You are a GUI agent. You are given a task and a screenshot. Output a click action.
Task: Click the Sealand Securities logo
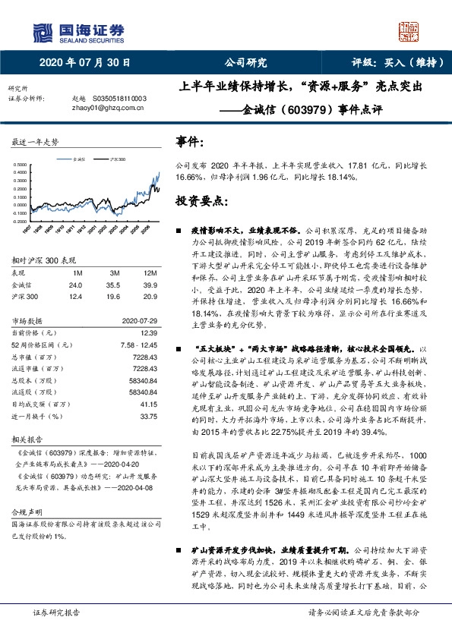76,30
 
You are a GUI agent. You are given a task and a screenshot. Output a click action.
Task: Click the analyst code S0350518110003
119,99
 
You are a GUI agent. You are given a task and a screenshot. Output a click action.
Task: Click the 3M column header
114,272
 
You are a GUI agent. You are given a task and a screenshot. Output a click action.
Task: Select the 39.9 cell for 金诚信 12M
150,285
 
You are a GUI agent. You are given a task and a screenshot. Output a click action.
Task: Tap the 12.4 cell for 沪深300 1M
75,296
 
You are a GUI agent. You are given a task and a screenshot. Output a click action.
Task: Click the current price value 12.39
149,333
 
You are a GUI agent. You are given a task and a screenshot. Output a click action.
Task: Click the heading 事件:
189,142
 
